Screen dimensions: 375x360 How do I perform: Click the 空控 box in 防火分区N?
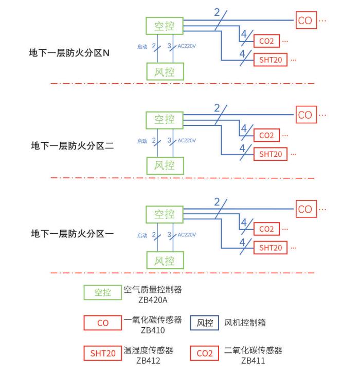point(165,25)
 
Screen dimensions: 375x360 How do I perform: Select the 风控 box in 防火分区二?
point(165,165)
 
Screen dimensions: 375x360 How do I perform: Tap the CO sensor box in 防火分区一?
point(305,209)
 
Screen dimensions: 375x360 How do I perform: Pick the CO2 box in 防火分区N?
point(266,42)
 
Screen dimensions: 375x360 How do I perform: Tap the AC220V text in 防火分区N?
point(186,47)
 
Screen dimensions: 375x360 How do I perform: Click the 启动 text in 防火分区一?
point(142,235)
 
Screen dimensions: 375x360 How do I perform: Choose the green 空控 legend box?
point(102,293)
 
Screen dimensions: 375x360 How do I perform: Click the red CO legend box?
point(102,324)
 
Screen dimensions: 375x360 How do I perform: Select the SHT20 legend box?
point(102,354)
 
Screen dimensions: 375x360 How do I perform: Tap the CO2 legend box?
point(205,354)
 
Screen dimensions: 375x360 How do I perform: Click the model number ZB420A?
point(153,300)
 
